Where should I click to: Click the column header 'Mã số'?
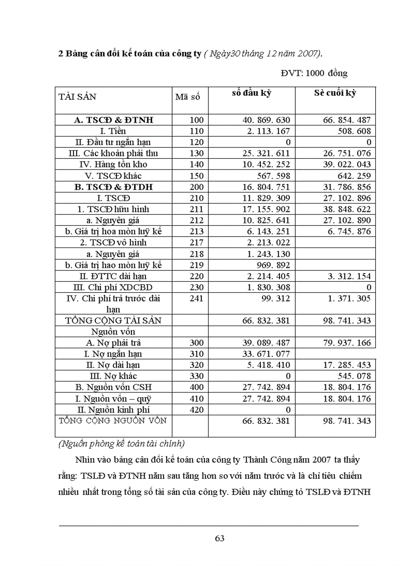coord(187,97)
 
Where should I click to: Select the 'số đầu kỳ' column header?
coord(252,93)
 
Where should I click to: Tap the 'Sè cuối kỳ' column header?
coord(335,93)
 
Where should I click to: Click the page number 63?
coord(220,538)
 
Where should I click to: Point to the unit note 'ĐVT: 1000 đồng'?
coord(314,73)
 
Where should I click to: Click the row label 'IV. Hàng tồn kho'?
coord(113,164)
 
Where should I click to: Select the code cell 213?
coord(197,231)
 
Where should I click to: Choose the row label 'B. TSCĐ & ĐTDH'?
coord(113,186)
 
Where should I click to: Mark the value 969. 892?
coord(272,265)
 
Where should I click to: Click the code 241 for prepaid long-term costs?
coord(197,298)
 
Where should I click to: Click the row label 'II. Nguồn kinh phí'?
coord(113,410)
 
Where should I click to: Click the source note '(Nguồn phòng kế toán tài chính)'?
coord(121,444)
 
